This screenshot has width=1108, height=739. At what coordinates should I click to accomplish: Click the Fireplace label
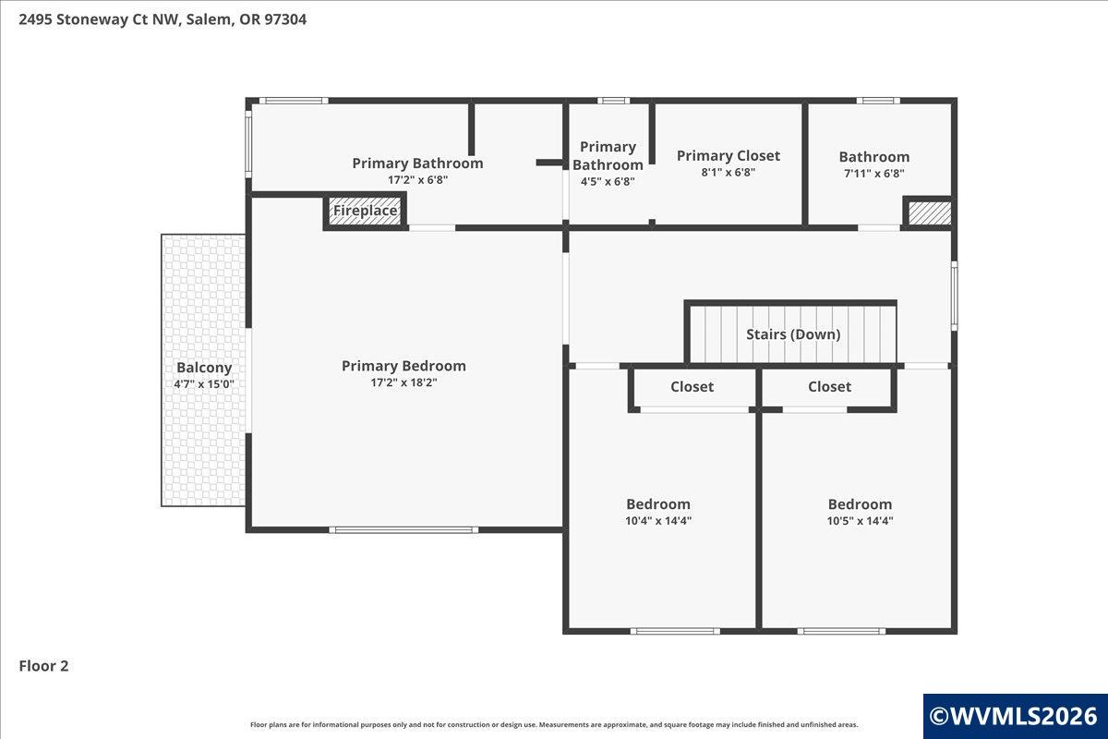click(x=365, y=211)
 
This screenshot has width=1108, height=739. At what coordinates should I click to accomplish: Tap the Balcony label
click(x=204, y=368)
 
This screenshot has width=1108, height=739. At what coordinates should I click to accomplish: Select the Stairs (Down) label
click(x=793, y=334)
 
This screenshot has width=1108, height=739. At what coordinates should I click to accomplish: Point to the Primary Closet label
click(x=729, y=156)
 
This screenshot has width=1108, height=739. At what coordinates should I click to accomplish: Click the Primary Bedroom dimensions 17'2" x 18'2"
click(x=404, y=382)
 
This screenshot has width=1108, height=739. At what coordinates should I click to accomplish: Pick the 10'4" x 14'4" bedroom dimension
click(x=658, y=521)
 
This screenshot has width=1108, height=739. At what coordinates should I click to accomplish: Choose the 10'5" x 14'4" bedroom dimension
click(x=861, y=521)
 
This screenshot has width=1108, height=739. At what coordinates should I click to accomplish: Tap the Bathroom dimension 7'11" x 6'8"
click(x=874, y=174)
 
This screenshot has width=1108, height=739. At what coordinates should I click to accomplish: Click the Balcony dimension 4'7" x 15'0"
click(x=204, y=384)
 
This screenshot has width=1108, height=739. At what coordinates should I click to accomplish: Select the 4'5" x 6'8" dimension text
click(x=608, y=182)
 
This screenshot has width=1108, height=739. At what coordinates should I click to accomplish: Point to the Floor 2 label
click(x=43, y=666)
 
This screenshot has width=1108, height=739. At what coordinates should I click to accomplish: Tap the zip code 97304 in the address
click(x=285, y=19)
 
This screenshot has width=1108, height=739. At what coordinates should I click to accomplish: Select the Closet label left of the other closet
click(x=692, y=386)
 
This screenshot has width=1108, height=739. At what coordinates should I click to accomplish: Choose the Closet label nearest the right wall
click(x=829, y=386)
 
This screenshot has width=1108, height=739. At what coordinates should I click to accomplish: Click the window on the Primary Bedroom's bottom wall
click(x=403, y=530)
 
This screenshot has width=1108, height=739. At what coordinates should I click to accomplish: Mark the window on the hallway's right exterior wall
click(x=955, y=296)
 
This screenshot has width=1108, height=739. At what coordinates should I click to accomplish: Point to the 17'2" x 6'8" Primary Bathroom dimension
click(x=418, y=180)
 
